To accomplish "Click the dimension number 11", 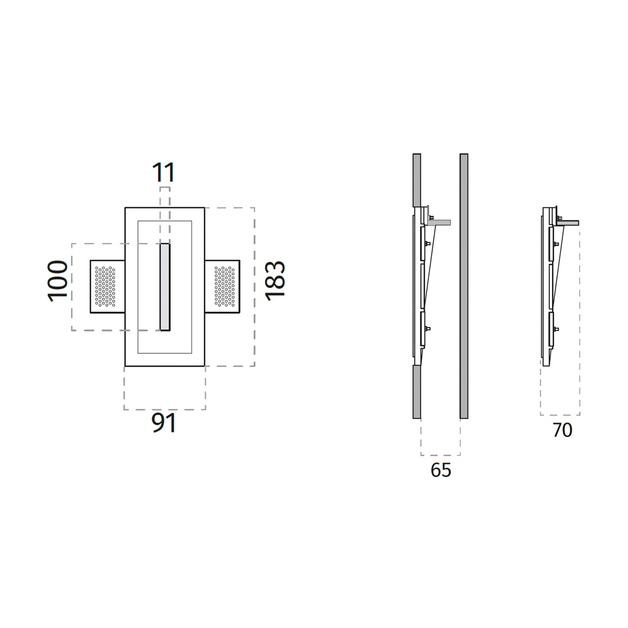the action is pos(164,172).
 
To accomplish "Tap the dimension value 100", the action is pos(57,281).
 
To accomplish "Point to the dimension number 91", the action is pos(164,423).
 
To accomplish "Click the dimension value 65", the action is pos(441,470).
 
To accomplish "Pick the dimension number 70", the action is pos(562,430).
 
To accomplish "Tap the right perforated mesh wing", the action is pos(222,286).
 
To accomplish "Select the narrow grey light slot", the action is pos(165,287).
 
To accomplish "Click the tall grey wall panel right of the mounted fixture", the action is pos(464,286).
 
